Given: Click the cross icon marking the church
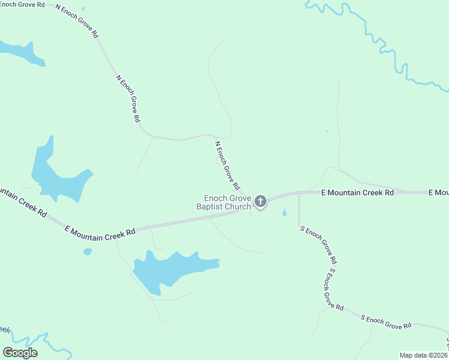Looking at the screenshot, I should (x=261, y=201).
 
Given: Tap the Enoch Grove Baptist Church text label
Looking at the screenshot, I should (x=228, y=202).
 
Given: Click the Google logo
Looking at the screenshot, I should (x=20, y=353).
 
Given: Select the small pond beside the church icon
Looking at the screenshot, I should (x=284, y=213).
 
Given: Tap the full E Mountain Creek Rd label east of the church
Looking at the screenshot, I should (x=357, y=193).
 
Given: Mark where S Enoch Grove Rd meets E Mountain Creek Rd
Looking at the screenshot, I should (x=299, y=193).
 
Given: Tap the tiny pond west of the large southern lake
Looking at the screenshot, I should (x=88, y=251).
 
